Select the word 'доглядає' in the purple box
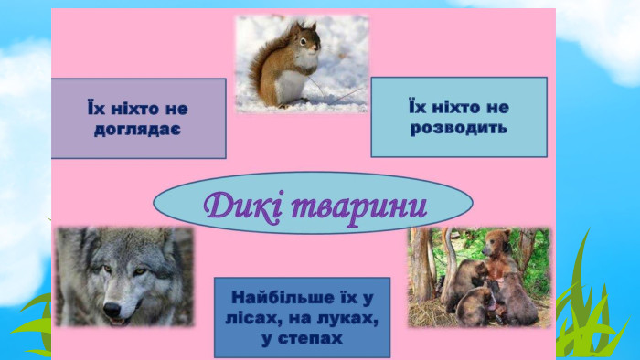[137, 131]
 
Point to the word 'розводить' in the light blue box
[459, 129]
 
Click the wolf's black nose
[112, 310]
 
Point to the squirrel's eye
[304, 41]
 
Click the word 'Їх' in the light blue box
[416, 107]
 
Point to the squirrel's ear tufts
[300, 27]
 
